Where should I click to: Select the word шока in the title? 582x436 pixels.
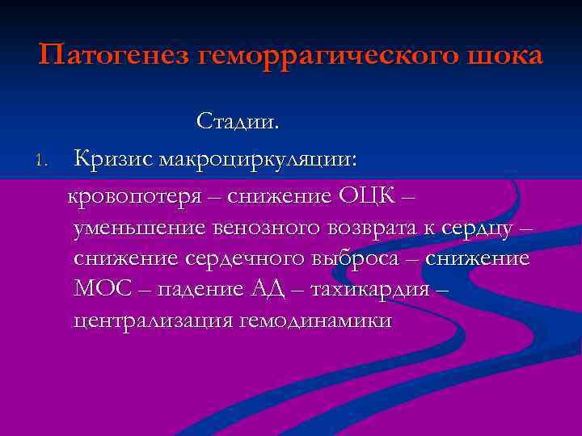pos(507,57)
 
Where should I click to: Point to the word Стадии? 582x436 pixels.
pos(238,124)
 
